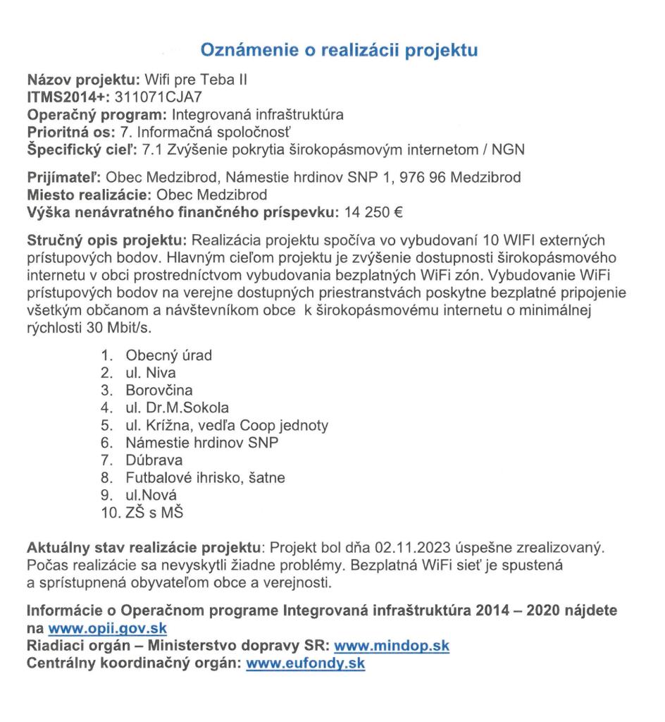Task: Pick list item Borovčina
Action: pos(159,390)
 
